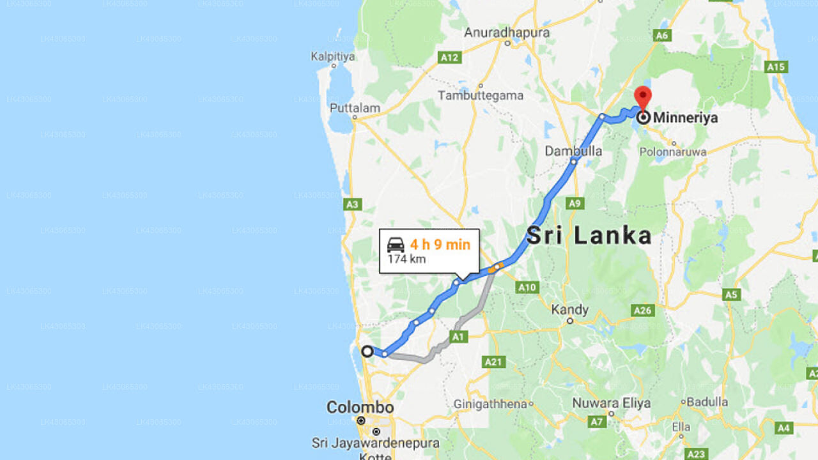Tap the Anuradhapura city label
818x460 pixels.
pyautogui.click(x=507, y=32)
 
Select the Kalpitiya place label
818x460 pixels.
pyautogui.click(x=332, y=56)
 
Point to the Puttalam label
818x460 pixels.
pyautogui.click(x=355, y=108)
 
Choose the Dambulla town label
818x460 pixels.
pyautogui.click(x=573, y=151)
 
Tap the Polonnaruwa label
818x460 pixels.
pyautogui.click(x=673, y=152)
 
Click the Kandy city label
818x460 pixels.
pyautogui.click(x=569, y=310)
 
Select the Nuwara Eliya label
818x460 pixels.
pyautogui.click(x=611, y=403)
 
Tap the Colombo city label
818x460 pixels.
pyautogui.click(x=360, y=407)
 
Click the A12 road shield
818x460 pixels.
pyautogui.click(x=449, y=57)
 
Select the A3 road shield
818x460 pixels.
pyautogui.click(x=352, y=204)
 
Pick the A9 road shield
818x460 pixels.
pyautogui.click(x=575, y=203)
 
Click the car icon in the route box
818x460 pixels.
pyautogui.click(x=396, y=245)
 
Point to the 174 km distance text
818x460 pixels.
pyautogui.click(x=406, y=259)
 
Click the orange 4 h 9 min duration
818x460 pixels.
pyautogui.click(x=440, y=244)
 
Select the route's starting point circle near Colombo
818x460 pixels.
pyautogui.click(x=367, y=351)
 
